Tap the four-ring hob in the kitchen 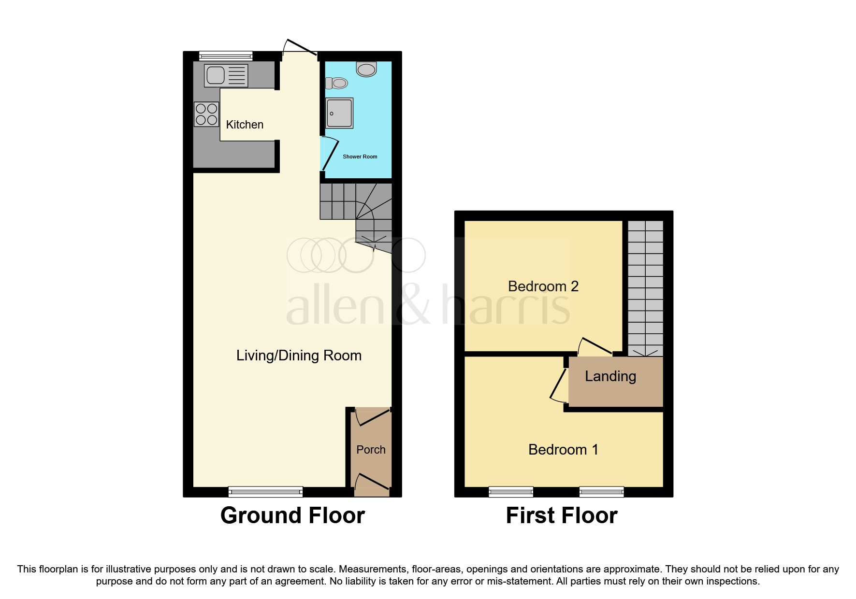pos(206,114)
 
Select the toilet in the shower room pos(337,84)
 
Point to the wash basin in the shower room pos(366,69)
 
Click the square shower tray pos(339,113)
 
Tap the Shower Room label pos(360,157)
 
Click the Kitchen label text pos(245,125)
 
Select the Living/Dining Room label pos(299,356)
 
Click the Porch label pos(371,450)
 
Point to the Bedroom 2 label pos(543,286)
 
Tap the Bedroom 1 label pos(563,450)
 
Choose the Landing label pos(610,376)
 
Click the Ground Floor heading pos(292,515)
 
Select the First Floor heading pos(561,515)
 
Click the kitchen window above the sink pos(226,56)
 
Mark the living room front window pos(265,492)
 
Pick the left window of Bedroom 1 pos(511,492)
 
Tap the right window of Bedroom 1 pos(601,492)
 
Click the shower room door pos(330,154)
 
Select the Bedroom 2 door pos(596,346)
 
